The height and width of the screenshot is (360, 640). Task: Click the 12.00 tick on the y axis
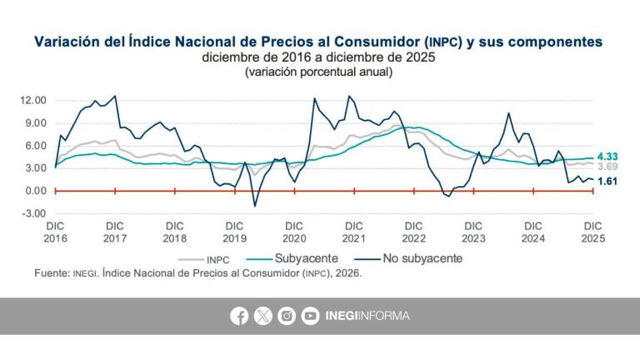(34, 101)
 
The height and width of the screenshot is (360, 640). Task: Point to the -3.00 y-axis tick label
(34, 213)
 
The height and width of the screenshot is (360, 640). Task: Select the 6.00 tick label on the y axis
(36, 146)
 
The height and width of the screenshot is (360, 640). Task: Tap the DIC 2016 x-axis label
(55, 232)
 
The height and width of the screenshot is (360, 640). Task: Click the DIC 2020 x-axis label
(294, 232)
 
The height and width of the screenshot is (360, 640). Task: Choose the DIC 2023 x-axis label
(473, 232)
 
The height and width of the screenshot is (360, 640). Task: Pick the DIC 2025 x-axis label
(592, 232)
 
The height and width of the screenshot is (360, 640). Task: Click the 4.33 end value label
(608, 156)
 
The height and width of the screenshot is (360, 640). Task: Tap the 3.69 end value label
(608, 166)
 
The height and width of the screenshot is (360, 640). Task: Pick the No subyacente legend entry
(412, 258)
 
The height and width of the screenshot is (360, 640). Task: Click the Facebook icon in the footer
(239, 316)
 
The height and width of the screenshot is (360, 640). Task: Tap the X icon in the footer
(263, 316)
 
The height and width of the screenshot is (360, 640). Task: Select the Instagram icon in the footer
(287, 316)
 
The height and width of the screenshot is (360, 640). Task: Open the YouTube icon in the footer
(310, 316)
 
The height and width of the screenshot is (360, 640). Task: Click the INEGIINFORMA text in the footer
(367, 316)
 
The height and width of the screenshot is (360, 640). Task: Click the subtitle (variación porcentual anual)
(319, 72)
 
